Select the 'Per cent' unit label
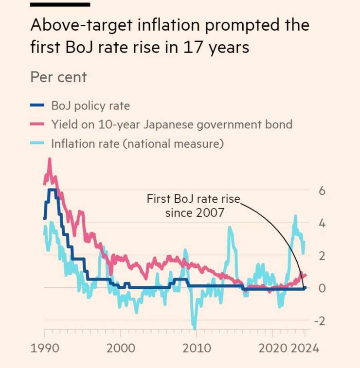coord(58,77)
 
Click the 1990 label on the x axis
coord(45,348)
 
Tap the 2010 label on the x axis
coord(197,348)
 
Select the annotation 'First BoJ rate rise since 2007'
coord(194,206)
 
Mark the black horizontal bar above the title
coord(60,4)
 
